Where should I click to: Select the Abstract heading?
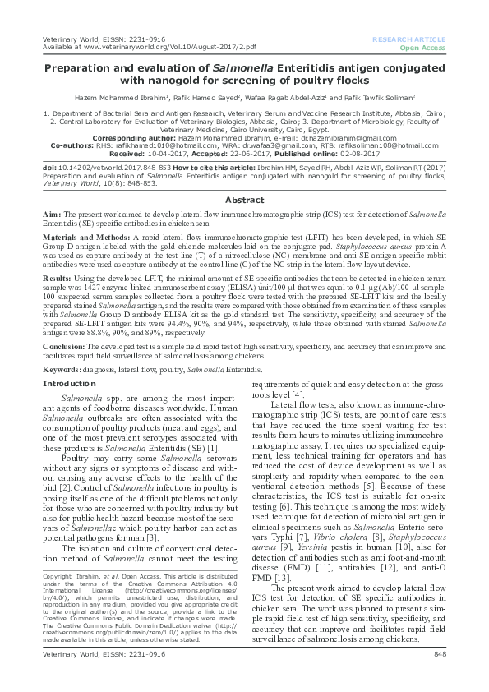pyautogui.click(x=244, y=199)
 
